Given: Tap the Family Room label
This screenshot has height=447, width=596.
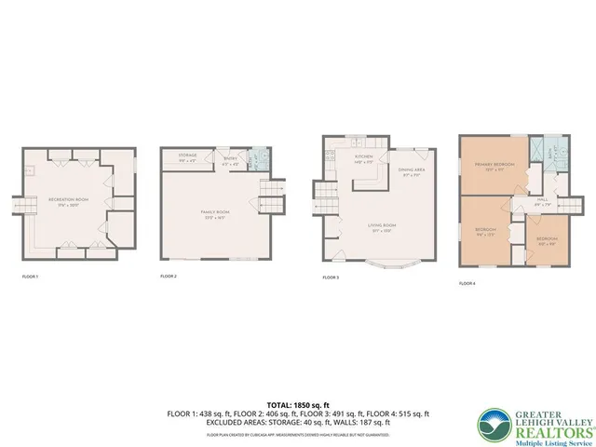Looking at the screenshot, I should click(x=215, y=213).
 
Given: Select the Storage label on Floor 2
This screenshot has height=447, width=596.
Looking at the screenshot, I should click(x=187, y=156).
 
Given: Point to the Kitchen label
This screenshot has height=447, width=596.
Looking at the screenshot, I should click(x=363, y=156).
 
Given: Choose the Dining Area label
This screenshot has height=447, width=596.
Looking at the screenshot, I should click(x=413, y=170).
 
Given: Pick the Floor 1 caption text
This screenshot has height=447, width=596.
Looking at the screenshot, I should click(x=30, y=277).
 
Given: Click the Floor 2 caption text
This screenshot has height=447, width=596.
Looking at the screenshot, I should click(x=169, y=277).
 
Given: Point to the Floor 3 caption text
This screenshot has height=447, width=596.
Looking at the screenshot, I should click(x=331, y=277).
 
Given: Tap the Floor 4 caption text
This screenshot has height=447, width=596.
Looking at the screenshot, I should click(x=467, y=283).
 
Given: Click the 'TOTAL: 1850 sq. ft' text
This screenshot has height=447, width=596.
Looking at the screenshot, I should click(x=298, y=400).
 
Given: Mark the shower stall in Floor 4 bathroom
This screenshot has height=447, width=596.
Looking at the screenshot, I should click(x=538, y=150).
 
